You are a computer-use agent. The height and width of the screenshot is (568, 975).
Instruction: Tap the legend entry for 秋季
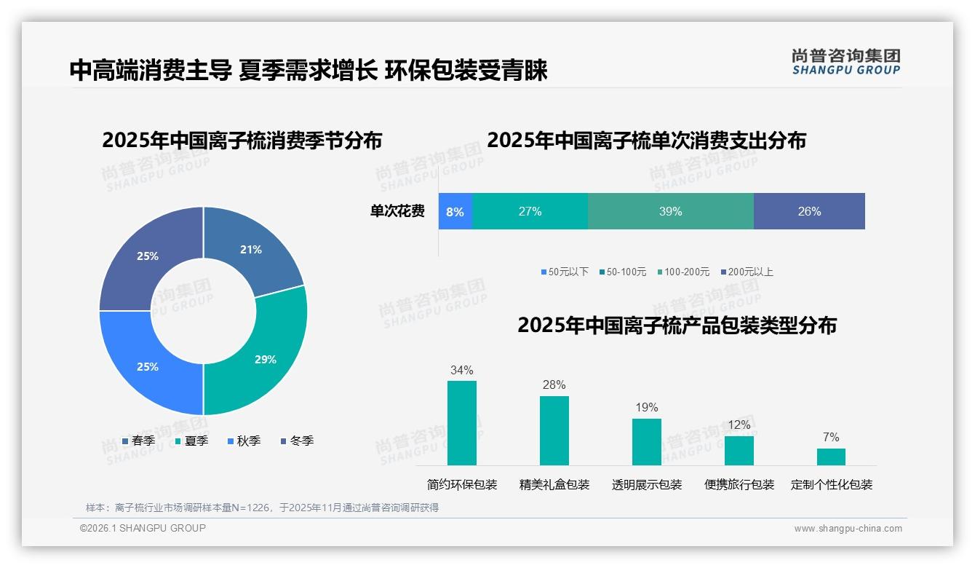244,441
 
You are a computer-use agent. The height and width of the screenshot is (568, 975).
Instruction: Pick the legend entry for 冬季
297,441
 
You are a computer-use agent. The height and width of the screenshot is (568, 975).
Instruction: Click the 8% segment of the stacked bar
455,212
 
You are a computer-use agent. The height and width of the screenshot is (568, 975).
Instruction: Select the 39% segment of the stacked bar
670,212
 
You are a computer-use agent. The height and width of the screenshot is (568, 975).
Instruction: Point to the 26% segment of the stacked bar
809,212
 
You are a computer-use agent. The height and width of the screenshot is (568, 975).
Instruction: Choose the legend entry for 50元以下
565,272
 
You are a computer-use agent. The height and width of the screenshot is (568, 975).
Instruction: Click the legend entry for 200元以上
747,272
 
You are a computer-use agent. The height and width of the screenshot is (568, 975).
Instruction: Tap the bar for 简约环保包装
461,423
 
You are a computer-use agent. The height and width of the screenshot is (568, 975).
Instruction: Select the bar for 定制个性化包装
831,457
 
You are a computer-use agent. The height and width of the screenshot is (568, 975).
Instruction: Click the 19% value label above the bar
646,407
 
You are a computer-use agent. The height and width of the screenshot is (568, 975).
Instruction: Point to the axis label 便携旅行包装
739,484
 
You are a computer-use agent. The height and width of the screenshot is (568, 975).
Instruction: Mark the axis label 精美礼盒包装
554,484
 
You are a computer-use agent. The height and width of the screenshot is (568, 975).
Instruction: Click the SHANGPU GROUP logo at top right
846,62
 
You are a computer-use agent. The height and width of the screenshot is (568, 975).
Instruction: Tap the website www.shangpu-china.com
848,529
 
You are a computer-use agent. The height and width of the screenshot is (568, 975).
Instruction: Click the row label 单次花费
397,212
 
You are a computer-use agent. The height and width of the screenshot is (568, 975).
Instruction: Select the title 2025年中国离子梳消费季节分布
242,141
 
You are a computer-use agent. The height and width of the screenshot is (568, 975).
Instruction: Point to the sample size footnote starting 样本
262,508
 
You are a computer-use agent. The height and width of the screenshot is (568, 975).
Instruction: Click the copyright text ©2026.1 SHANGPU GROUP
143,528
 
